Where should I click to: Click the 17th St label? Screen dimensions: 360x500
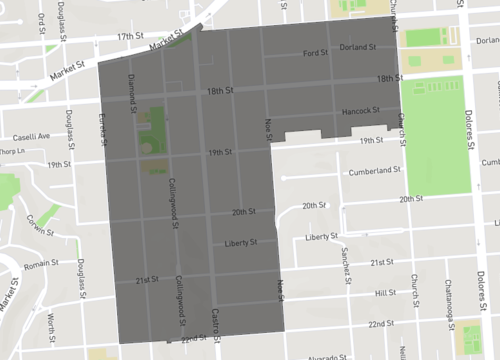pos(130,36)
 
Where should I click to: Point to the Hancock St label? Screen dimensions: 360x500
pos(360,110)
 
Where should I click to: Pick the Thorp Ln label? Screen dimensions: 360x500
pos(11,151)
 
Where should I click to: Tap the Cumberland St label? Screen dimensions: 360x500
pos(374,171)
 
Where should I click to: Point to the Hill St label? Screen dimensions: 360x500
pos(386,293)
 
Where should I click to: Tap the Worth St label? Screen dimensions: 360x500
pos(51,323)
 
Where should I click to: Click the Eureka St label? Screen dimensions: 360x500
pos(102,129)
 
